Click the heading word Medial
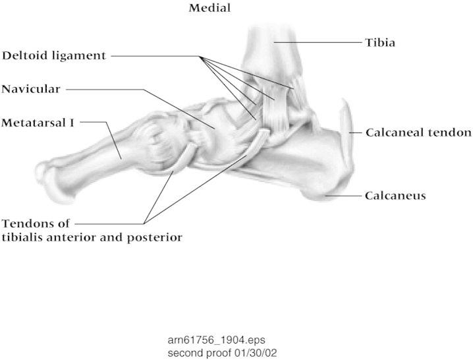click(x=210, y=9)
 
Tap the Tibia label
click(x=380, y=43)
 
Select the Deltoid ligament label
click(x=53, y=56)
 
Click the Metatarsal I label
click(x=38, y=122)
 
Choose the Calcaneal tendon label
click(x=418, y=133)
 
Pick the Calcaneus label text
click(x=395, y=196)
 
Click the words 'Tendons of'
click(x=36, y=223)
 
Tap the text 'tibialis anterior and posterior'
click(x=92, y=235)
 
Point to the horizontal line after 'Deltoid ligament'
click(x=155, y=57)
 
